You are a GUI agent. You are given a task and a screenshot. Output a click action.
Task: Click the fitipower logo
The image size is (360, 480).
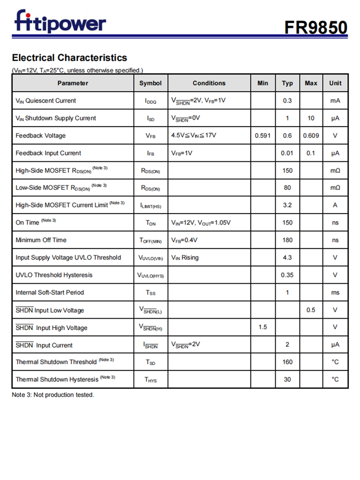(60, 22)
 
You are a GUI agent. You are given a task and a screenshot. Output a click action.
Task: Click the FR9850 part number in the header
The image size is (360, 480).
(315, 27)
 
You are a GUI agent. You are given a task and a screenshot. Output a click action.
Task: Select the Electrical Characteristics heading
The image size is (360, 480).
(70, 58)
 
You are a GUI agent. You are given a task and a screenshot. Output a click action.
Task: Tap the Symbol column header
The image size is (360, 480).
(150, 83)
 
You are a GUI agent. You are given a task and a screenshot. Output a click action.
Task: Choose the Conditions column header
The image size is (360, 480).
(209, 83)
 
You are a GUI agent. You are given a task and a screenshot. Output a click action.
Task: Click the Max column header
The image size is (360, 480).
(311, 83)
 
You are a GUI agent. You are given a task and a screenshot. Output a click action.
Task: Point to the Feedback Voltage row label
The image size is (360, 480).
(40, 136)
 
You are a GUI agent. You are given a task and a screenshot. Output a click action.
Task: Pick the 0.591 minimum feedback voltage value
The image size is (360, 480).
(263, 136)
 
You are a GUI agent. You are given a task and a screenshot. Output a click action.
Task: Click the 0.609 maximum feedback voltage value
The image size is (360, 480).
(311, 136)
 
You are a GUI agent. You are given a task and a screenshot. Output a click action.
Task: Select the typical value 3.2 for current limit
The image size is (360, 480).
(287, 205)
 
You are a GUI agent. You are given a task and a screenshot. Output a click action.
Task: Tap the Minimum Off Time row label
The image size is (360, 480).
(41, 240)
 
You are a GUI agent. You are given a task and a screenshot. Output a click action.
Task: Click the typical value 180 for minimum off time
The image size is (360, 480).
(287, 240)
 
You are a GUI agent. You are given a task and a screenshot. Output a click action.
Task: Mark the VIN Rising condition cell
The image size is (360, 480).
(185, 258)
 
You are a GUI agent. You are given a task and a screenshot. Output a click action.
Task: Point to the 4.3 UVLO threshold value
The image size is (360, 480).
(287, 258)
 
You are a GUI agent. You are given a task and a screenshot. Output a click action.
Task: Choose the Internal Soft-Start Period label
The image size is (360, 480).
(49, 292)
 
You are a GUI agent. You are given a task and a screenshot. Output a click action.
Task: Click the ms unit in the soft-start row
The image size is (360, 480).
(335, 292)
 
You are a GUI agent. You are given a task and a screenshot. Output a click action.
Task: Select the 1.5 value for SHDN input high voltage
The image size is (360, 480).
(263, 327)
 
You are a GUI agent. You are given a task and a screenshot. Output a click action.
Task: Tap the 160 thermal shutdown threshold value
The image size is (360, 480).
(287, 362)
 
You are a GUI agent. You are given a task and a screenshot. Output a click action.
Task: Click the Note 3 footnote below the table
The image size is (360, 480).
(53, 395)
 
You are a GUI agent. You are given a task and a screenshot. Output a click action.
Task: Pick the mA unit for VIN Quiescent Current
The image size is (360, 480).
(335, 101)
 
